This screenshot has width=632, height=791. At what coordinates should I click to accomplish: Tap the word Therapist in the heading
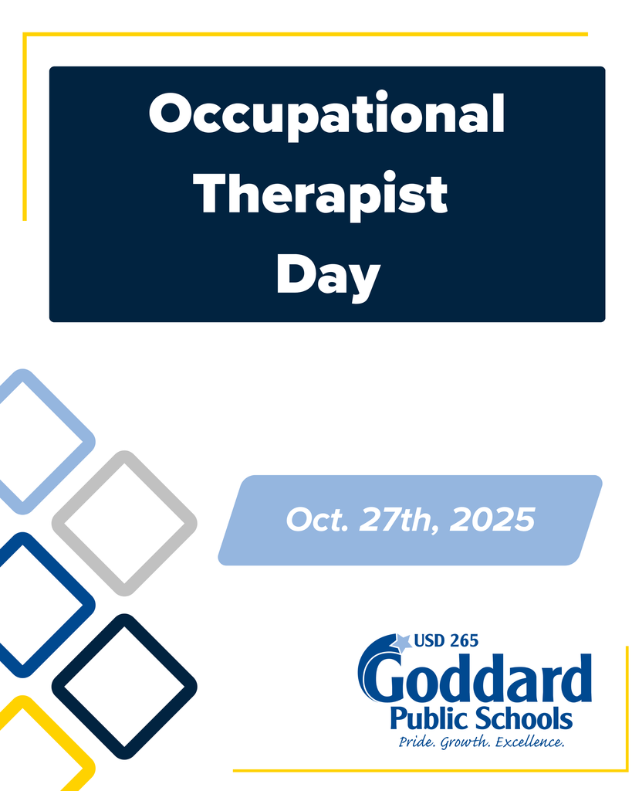click(320, 194)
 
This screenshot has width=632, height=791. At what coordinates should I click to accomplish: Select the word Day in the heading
click(328, 276)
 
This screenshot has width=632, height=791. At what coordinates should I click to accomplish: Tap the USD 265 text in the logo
click(446, 640)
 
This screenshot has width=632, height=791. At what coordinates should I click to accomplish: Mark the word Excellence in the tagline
click(529, 743)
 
